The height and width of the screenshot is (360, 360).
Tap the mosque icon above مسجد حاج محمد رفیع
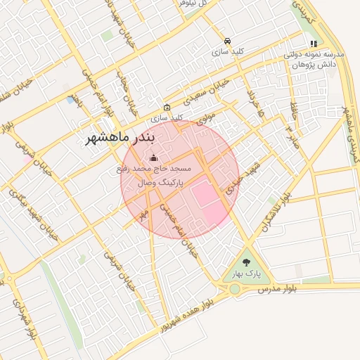[x=153, y=157]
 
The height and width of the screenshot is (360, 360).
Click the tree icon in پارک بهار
[x=245, y=262]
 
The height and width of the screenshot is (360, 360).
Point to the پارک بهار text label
[x=244, y=274]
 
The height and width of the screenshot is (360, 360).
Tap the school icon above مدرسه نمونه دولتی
[x=313, y=44]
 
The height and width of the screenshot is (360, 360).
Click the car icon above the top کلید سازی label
[x=227, y=41]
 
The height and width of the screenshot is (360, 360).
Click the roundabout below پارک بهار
[x=234, y=289]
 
